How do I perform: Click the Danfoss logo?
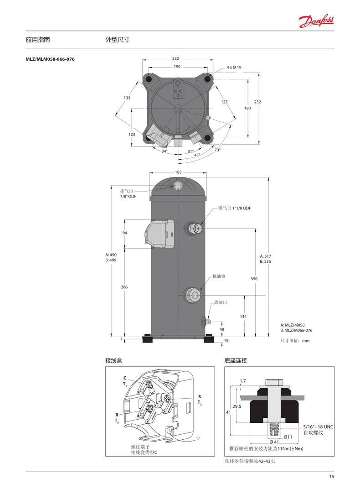pyautogui.click(x=316, y=21)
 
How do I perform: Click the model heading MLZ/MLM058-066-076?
pyautogui.click(x=50, y=59)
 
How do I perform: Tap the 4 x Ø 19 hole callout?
pyautogui.click(x=234, y=67)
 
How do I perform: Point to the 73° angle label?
pyautogui.click(x=217, y=150)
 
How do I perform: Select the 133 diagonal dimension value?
pyautogui.click(x=127, y=98)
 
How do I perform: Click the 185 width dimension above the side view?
pyautogui.click(x=178, y=172)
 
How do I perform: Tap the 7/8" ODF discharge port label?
pyautogui.click(x=129, y=196)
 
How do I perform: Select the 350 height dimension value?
pyautogui.click(x=254, y=279)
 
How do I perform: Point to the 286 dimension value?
pyautogui.click(x=124, y=287)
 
